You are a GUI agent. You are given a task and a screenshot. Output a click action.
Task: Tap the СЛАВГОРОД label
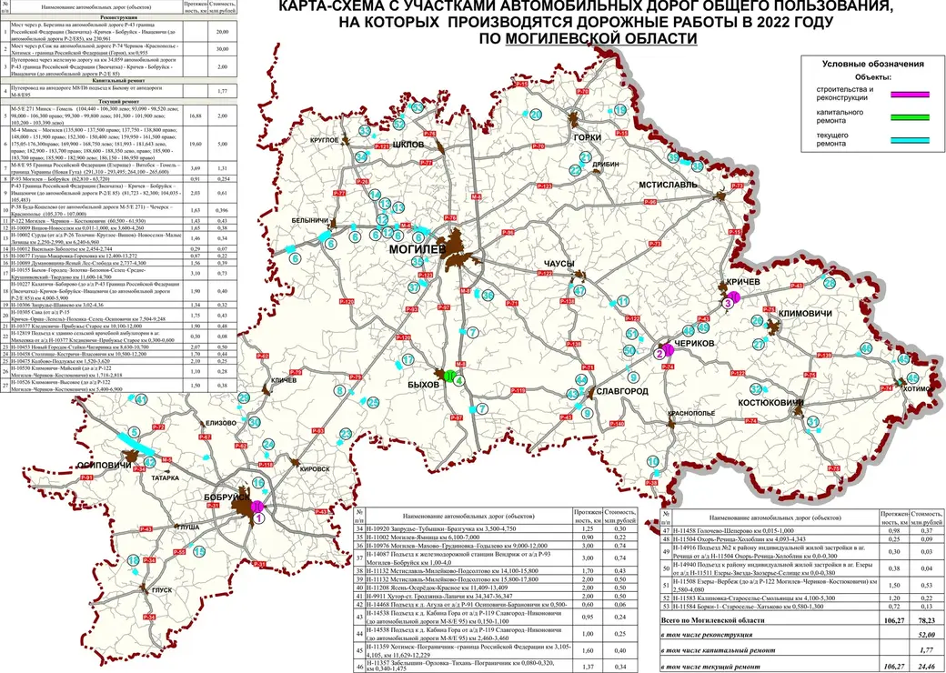[x=622, y=391]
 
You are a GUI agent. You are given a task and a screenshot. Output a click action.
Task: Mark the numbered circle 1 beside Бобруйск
[x=260, y=517]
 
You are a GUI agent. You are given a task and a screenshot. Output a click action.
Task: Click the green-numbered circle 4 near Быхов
[x=459, y=381]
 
